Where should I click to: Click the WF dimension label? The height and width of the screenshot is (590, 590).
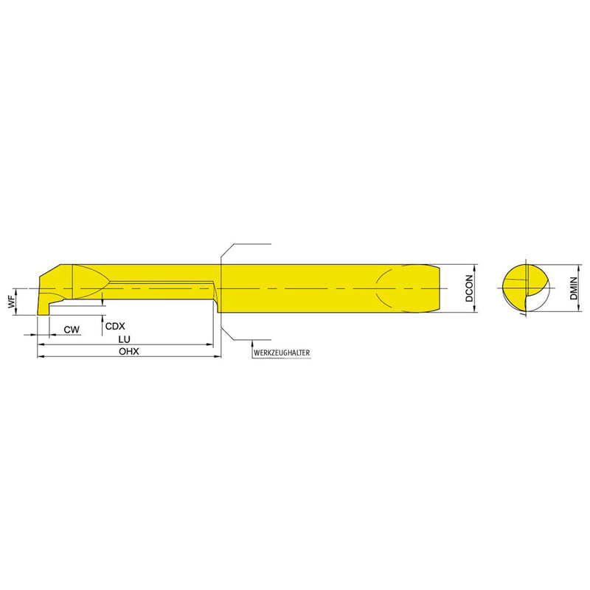pos(12,302)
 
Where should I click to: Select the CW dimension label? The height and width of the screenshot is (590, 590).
pos(72,330)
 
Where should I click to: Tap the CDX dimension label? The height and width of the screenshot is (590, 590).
pos(115,326)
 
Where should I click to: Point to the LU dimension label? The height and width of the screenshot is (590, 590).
pos(124,339)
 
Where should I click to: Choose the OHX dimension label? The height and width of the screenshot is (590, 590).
pos(129,352)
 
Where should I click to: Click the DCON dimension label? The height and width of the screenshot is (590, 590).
pos(469,288)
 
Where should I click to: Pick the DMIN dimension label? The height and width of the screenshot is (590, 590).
pos(574,288)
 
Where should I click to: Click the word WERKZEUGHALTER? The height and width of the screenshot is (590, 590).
pos(282,353)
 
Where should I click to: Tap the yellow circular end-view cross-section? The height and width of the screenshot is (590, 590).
pos(526,288)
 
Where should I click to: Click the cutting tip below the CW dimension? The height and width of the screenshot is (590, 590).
pos(43,308)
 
